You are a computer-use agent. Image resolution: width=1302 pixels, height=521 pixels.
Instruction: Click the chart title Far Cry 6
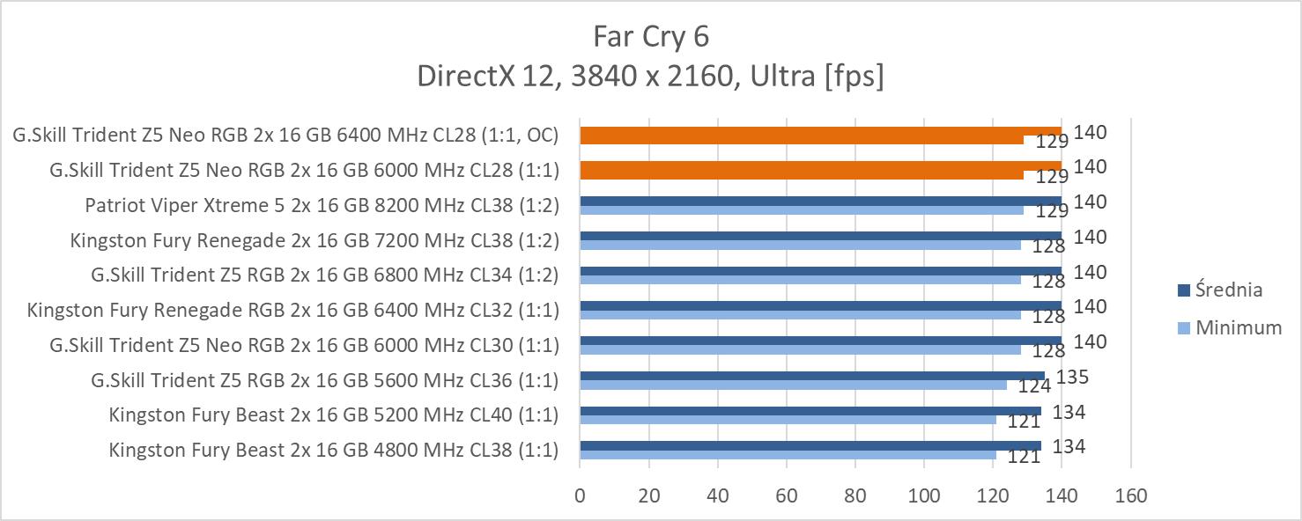click(651, 36)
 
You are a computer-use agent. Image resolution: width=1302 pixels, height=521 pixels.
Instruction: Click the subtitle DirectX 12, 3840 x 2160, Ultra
click(650, 77)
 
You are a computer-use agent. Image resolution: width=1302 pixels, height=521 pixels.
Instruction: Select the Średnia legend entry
click(1231, 290)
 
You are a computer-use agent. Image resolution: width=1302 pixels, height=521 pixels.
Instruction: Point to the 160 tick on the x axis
click(1130, 495)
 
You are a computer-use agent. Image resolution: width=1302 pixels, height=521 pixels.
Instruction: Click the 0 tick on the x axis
click(580, 495)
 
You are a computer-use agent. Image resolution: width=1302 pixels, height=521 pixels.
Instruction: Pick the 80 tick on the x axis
click(854, 495)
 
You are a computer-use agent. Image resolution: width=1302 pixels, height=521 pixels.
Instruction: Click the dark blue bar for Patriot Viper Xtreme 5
click(819, 201)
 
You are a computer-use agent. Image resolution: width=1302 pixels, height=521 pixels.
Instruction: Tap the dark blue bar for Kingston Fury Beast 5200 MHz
click(810, 411)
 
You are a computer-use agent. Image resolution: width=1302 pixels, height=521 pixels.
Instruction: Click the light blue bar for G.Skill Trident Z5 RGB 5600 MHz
click(793, 385)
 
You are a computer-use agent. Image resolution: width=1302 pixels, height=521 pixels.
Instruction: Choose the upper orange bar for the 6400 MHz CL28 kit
click(819, 132)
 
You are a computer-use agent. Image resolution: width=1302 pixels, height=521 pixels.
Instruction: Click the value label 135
click(1072, 378)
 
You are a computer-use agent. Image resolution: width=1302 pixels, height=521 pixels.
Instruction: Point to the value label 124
click(1033, 385)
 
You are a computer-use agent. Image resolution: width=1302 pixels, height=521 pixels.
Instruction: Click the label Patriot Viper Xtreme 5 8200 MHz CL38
click(322, 205)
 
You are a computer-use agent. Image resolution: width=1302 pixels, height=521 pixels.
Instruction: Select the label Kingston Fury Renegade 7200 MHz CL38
click(314, 240)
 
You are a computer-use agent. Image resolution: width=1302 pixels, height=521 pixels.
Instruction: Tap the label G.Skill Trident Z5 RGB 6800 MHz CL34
click(325, 275)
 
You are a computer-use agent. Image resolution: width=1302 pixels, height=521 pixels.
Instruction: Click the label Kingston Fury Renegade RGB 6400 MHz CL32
click(293, 310)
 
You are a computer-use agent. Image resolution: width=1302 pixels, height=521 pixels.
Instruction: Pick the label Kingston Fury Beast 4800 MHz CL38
click(334, 451)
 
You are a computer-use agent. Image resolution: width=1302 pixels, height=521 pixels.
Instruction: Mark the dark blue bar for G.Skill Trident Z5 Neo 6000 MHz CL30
click(819, 341)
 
